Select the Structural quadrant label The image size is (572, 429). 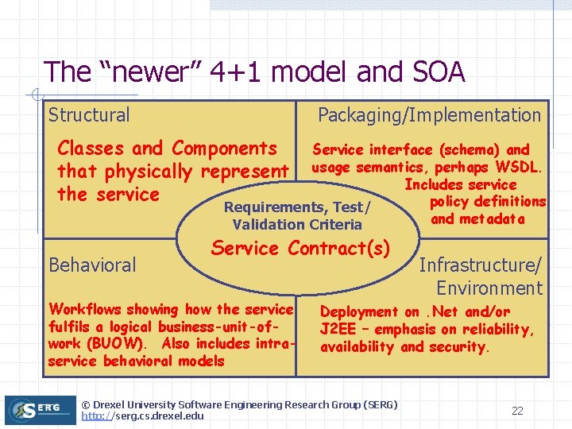point(89,115)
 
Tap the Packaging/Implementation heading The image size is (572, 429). point(429,115)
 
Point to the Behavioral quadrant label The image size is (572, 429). point(92,265)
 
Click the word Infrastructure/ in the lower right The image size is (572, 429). point(480,265)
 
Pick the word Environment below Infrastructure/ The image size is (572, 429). point(489,288)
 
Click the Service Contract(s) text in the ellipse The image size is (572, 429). point(300,248)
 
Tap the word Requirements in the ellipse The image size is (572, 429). point(275,207)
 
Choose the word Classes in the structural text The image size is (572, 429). point(91,149)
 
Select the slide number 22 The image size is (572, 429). point(517,411)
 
